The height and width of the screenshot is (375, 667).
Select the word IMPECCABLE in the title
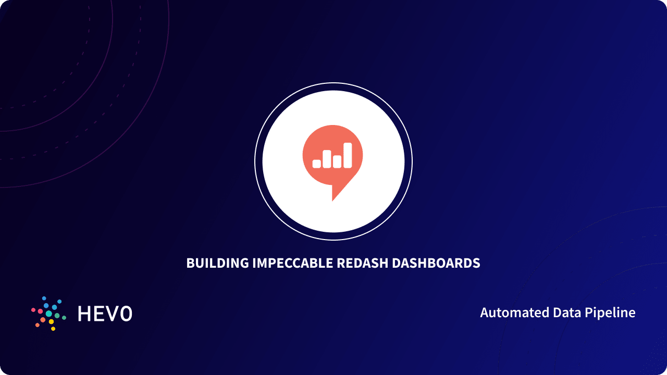[x=292, y=264]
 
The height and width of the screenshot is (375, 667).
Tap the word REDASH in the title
[x=362, y=264]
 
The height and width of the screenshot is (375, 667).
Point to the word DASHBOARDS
[x=436, y=264]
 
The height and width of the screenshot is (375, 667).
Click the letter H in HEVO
[x=84, y=314]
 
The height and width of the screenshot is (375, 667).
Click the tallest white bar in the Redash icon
[x=347, y=155]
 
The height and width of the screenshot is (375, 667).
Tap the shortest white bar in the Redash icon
[x=316, y=164]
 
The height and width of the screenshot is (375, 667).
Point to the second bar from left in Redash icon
[x=327, y=159]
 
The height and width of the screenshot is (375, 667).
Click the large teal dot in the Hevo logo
[x=49, y=314]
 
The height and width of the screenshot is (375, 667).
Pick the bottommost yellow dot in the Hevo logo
[x=53, y=329]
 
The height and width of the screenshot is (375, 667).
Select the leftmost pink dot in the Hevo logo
[x=33, y=310]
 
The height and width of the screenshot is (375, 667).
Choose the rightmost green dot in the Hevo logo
[x=64, y=317]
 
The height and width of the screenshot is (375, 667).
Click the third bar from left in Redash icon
[x=337, y=161]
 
